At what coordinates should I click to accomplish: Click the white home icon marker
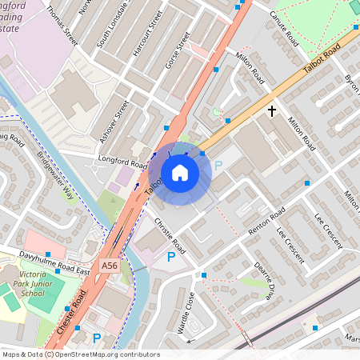[180, 173]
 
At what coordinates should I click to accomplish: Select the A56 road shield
[111, 264]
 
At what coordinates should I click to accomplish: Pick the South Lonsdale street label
[110, 32]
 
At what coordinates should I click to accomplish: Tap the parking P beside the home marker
[218, 166]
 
